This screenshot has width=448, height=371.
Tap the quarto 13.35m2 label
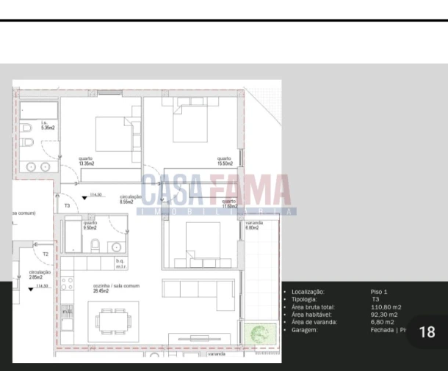(87, 161)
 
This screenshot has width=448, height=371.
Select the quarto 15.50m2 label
(224, 161)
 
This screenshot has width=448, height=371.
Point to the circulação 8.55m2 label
(130, 199)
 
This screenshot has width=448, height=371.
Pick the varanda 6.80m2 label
(254, 224)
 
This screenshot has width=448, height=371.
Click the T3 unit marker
(67, 206)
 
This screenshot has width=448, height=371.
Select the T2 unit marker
(46, 254)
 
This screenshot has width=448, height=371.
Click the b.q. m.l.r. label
(121, 263)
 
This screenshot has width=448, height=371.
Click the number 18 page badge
(427, 332)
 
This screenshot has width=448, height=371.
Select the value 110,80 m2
(386, 307)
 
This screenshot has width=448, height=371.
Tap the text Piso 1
(380, 292)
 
